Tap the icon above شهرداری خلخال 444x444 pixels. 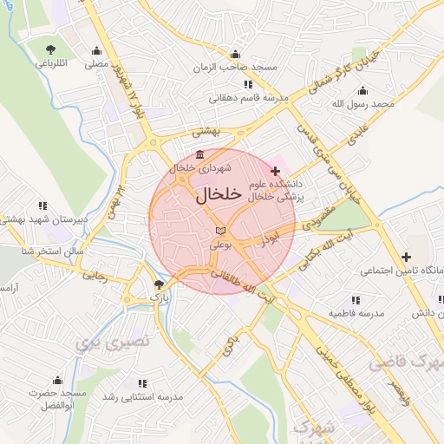pos(200,155)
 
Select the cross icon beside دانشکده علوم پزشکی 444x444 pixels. pos(276,172)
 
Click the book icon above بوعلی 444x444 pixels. pos(220,231)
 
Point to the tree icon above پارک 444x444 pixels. pos(158,284)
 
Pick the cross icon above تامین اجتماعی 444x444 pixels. pos(406,257)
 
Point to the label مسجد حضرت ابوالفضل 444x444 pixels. pos(57,400)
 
